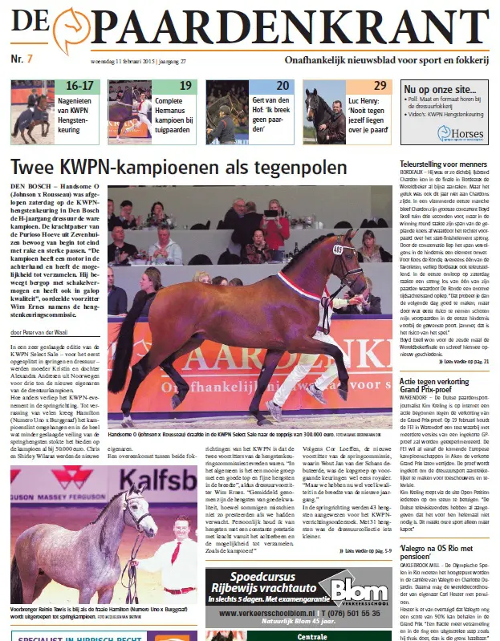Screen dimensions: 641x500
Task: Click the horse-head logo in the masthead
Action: click(69, 30)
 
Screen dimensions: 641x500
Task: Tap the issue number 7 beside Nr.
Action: click(30, 59)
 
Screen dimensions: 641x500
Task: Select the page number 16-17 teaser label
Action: click(79, 85)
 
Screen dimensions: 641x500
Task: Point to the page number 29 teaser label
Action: click(380, 85)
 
